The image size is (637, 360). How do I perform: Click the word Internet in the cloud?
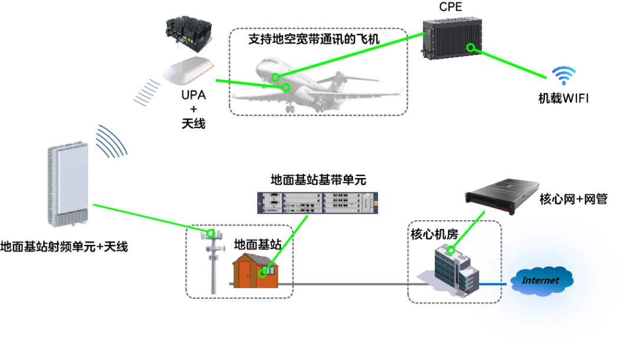[x=540, y=280]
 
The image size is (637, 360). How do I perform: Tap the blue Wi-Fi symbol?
[x=564, y=76]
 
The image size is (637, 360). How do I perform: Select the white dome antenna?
[x=188, y=72]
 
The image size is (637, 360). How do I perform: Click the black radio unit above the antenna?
[x=189, y=33]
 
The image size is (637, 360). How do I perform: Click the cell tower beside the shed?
[x=213, y=260]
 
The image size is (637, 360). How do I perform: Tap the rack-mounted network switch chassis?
[x=317, y=203]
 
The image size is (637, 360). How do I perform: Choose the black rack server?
[x=502, y=193]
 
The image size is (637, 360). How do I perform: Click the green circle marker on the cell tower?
[x=211, y=234]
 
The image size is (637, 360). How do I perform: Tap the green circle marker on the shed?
[x=262, y=273]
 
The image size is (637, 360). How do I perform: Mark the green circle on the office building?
[x=451, y=250]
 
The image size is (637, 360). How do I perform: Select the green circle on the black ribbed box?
[x=470, y=47]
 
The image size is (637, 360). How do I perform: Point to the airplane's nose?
[x=258, y=65]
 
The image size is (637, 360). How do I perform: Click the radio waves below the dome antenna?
[x=147, y=93]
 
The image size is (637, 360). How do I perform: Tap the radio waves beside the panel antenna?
[x=111, y=142]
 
